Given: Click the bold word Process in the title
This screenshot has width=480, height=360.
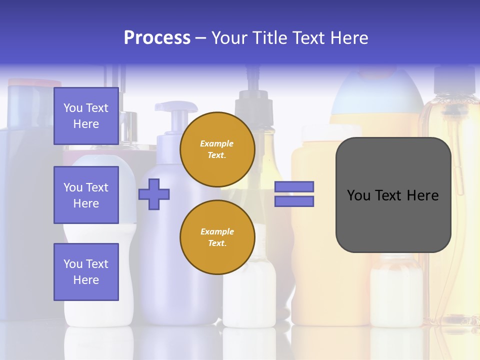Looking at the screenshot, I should [x=157, y=38].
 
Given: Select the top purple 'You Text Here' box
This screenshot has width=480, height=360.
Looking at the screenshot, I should [x=86, y=116].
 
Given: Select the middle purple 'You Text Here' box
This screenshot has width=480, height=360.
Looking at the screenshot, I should [x=86, y=195].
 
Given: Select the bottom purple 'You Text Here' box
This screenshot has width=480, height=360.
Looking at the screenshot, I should [x=86, y=272].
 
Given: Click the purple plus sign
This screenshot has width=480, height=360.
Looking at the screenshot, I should [x=154, y=194].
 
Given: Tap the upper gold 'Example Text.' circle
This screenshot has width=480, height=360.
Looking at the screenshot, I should [x=217, y=149].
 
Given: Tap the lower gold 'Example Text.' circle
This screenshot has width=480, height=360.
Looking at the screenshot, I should [x=217, y=237].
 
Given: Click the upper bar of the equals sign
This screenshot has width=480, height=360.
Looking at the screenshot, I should [x=294, y=187].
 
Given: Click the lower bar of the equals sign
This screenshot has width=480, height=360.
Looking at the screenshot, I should [x=294, y=201].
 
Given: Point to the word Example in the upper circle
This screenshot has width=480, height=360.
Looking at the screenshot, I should [x=216, y=143].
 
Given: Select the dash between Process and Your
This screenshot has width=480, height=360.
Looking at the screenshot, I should [x=200, y=38].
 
